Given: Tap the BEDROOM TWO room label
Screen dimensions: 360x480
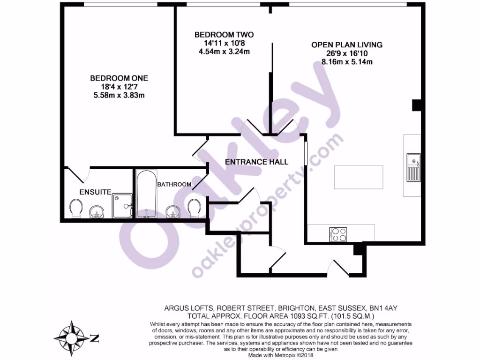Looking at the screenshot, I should pos(224,35).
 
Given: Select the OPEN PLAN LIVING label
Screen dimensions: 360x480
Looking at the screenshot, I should pos(347,45).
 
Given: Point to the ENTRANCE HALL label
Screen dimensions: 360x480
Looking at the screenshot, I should pos(256,162).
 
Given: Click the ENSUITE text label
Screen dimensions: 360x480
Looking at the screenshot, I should pos(95,192).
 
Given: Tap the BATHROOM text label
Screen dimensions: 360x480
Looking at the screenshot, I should pos(174,185).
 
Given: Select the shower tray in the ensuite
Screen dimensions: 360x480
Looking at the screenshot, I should pos(122,206).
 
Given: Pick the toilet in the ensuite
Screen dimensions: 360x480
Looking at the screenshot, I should pos(75,209).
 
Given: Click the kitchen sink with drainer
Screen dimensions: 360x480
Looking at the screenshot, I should pos(413,167).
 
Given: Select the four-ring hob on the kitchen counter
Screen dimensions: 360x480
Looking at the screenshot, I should pos(338,234).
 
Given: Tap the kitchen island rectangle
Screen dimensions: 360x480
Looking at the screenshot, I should pos(358,177).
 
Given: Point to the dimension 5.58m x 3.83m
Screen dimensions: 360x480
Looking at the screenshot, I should pos(119,95).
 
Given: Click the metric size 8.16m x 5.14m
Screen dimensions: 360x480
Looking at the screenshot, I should pos(347,62).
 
